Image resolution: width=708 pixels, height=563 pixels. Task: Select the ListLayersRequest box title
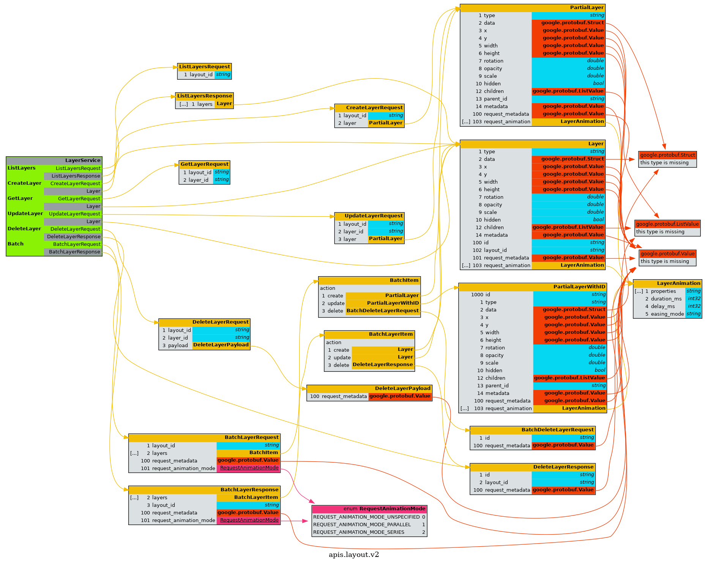tap(204, 67)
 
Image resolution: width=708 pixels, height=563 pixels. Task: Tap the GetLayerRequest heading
tap(204, 164)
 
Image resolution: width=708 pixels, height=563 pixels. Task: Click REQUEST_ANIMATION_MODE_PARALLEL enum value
tap(362, 525)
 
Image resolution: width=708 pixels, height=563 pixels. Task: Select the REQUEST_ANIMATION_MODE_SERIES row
tap(358, 532)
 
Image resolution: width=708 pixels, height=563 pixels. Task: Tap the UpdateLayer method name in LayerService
tap(25, 214)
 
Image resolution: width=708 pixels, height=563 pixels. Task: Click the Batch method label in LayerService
tap(16, 244)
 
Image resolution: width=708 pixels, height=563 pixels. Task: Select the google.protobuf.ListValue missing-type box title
tap(667, 224)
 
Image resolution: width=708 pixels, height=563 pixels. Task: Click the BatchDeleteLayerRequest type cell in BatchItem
tap(382, 311)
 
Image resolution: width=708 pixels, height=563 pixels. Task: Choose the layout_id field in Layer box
tap(495, 250)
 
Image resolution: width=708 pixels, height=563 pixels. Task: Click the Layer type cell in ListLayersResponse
tap(224, 104)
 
